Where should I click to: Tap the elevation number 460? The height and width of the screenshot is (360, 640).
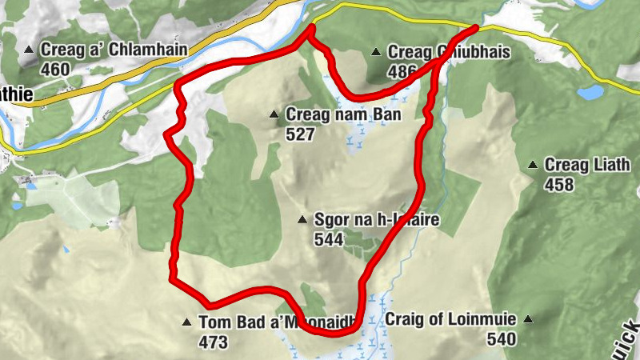[x=55, y=70]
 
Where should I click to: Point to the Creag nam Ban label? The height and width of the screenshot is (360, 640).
[x=343, y=115]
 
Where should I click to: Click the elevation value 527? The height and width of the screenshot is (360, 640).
[x=300, y=134]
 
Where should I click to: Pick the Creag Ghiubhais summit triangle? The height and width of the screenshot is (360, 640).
[x=376, y=53]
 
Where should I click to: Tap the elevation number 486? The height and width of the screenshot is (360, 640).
[x=402, y=71]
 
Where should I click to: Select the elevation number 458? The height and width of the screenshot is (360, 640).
[x=559, y=185]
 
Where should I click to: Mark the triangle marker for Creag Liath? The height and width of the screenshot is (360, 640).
[x=533, y=166]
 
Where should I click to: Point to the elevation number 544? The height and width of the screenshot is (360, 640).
[x=330, y=238]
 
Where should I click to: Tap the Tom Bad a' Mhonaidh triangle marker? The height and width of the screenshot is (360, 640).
[x=186, y=323]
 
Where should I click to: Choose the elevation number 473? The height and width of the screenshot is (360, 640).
[x=214, y=342]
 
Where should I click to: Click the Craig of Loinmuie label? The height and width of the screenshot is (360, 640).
[x=450, y=319]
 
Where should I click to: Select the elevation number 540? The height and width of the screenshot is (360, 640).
[x=500, y=338]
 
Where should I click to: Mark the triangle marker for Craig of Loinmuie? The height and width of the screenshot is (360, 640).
[x=528, y=320]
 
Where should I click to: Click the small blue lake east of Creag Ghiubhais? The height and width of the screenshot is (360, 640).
[x=591, y=93]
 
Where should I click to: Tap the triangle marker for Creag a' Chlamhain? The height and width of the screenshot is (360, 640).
[x=30, y=50]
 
